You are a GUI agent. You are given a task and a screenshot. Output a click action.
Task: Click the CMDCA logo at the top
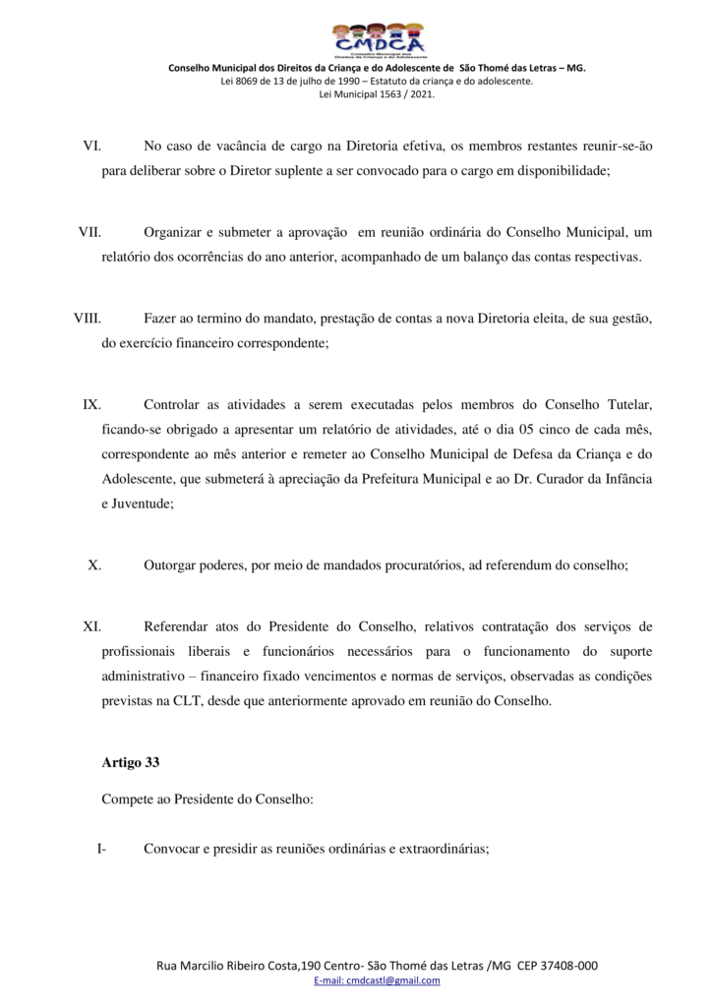click(378, 40)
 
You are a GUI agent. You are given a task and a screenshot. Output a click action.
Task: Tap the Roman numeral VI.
click(92, 147)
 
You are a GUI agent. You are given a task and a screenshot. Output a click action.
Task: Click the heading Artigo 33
click(130, 762)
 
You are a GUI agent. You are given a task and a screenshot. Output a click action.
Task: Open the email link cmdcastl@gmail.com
click(377, 981)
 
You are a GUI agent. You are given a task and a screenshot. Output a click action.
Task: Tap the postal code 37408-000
click(570, 966)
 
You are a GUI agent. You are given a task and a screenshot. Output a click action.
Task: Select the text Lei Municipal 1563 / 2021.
click(377, 94)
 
